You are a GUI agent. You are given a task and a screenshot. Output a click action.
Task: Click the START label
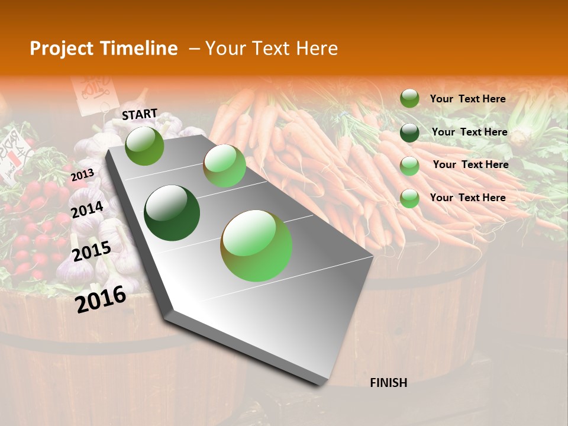tap(140, 114)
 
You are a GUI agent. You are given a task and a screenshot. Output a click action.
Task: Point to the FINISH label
tap(389, 383)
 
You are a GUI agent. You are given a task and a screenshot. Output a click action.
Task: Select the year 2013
tap(82, 175)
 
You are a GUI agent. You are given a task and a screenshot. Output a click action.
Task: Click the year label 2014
tap(88, 209)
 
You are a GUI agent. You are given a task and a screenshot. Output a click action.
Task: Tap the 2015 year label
tap(92, 251)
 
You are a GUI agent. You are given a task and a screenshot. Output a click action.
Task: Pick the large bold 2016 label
tap(101, 299)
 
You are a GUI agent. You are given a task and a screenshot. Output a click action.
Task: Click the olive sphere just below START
tap(144, 146)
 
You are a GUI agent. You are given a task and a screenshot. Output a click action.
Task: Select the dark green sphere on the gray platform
tap(172, 213)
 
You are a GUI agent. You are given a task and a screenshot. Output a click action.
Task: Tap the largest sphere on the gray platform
tap(256, 246)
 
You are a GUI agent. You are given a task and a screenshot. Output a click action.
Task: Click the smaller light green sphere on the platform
tap(224, 166)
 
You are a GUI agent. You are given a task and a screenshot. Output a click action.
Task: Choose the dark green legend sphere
tap(409, 133)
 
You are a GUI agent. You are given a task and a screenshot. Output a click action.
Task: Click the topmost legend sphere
tap(409, 98)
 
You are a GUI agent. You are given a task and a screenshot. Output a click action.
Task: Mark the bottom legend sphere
tap(409, 198)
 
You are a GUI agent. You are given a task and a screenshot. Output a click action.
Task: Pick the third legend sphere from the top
tap(409, 166)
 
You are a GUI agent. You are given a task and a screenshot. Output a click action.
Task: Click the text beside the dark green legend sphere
tap(469, 132)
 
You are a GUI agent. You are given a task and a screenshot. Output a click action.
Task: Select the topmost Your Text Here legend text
tap(467, 99)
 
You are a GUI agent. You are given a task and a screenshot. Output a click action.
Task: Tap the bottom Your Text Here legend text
tap(467, 198)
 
